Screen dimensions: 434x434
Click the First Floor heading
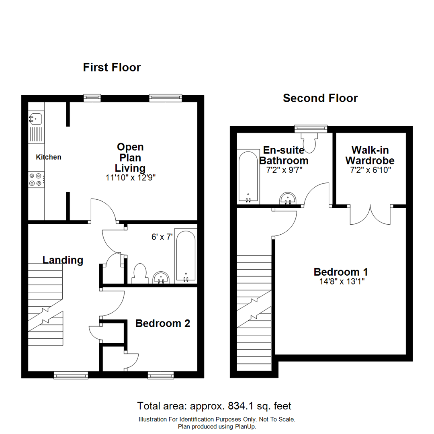click(112, 67)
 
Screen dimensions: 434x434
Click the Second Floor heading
click(320, 98)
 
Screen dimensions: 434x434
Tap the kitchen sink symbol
click(36, 118)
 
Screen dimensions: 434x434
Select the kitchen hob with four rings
click(35, 179)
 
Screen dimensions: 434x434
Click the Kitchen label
click(49, 157)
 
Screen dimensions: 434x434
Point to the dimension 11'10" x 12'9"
click(130, 178)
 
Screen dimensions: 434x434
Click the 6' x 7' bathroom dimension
click(162, 237)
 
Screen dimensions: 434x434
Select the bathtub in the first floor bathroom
click(186, 256)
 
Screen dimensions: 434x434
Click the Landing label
click(63, 260)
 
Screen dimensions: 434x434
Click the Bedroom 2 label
click(162, 323)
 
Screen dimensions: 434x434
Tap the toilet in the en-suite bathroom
click(310, 142)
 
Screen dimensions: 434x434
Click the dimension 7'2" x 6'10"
click(371, 170)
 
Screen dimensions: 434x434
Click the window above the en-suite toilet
click(311, 129)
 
